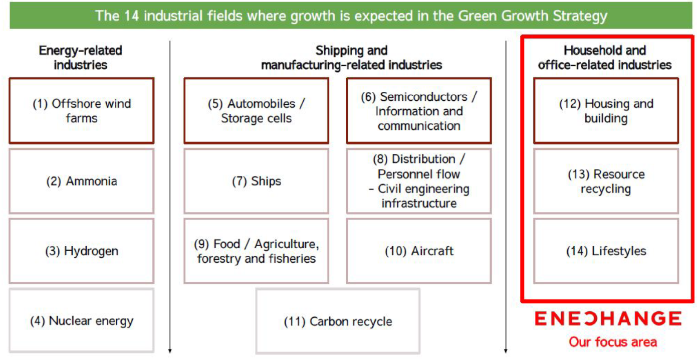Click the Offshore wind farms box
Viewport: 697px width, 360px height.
(82, 110)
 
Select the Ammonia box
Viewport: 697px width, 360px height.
(82, 181)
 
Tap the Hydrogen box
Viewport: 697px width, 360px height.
(82, 251)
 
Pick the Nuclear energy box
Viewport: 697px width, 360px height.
(82, 321)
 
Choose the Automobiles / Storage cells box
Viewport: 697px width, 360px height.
(257, 110)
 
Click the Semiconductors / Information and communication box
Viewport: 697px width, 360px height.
(419, 110)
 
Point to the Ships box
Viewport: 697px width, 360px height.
(257, 181)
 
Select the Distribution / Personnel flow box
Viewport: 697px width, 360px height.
(419, 181)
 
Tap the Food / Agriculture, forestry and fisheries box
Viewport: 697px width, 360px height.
(257, 251)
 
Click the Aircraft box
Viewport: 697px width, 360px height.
(419, 251)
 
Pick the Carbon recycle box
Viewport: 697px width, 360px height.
(338, 321)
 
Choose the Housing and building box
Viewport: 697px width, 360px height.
(606, 110)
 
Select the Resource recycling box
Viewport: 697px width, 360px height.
(606, 181)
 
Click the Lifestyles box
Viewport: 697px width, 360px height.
(606, 251)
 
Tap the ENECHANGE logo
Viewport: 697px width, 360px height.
(608, 318)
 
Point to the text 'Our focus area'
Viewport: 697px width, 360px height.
(613, 342)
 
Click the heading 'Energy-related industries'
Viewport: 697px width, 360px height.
(80, 58)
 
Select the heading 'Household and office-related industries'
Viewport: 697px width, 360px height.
(605, 58)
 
